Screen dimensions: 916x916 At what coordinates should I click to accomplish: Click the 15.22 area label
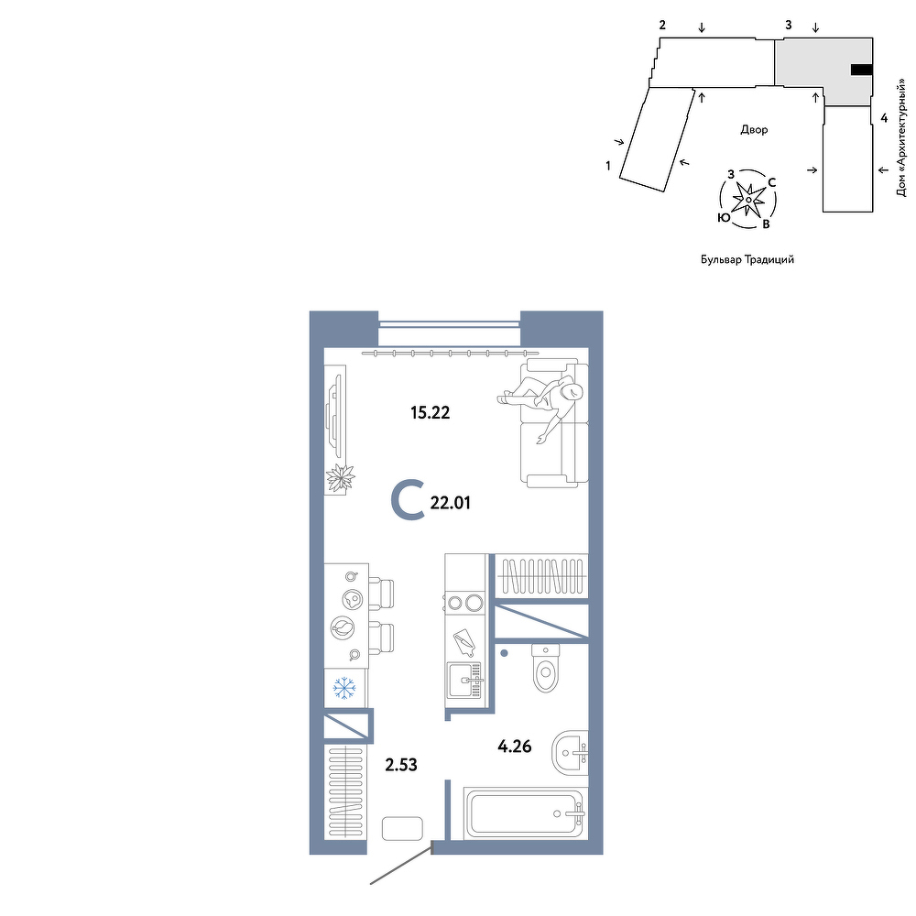(430, 413)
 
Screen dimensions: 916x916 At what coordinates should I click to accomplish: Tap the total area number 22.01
(450, 502)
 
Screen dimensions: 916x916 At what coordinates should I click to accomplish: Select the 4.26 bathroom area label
(514, 746)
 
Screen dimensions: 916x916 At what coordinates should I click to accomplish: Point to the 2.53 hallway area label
(401, 764)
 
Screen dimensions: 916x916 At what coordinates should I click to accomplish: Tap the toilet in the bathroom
(546, 668)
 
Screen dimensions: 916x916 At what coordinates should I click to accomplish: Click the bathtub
(526, 813)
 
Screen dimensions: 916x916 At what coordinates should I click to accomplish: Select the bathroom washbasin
(570, 752)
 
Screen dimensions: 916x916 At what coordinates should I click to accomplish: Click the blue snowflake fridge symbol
(344, 688)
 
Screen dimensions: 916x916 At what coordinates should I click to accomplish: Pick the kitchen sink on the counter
(464, 680)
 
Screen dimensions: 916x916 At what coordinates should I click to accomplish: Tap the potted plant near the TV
(340, 478)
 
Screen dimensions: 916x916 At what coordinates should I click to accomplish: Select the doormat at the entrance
(402, 828)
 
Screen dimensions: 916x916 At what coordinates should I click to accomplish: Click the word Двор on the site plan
(754, 130)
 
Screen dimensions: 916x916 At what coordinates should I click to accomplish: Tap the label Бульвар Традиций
(747, 259)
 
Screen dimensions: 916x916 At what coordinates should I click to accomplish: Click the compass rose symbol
(747, 199)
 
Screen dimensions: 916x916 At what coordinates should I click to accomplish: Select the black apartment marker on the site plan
(862, 71)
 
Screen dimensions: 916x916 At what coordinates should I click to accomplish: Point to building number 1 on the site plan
(608, 166)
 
